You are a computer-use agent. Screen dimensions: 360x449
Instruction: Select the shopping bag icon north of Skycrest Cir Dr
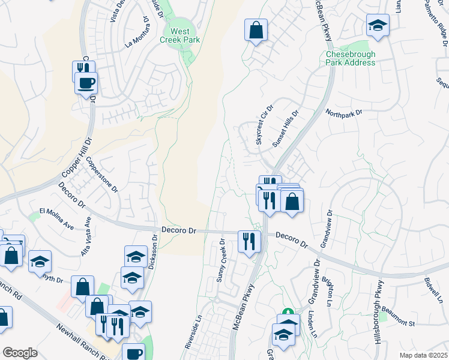coord(256,29)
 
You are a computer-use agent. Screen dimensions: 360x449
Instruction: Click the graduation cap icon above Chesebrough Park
coord(378,26)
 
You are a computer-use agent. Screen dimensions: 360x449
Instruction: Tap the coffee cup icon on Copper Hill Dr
coord(86,83)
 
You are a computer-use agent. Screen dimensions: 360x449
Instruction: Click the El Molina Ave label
coord(56,218)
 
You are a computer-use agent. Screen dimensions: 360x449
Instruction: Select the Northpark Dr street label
coord(345,112)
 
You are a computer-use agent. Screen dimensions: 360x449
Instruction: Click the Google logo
coord(20,353)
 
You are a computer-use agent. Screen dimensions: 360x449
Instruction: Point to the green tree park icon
coord(288,314)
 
